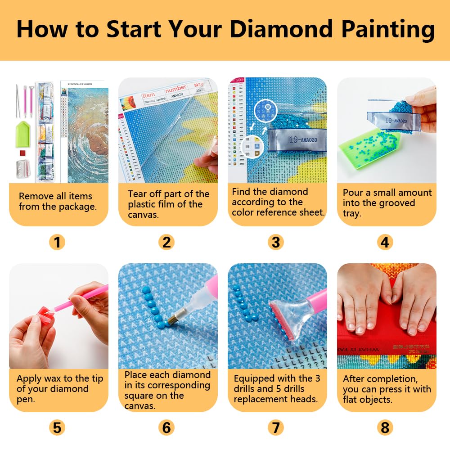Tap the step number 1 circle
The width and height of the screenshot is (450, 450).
point(57,243)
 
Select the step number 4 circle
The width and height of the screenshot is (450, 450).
point(385,243)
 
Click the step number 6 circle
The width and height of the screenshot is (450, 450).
point(166,427)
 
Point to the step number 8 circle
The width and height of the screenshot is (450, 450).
point(385,427)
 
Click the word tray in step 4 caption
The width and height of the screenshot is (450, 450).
point(352,213)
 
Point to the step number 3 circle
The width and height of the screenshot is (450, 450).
point(276,243)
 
